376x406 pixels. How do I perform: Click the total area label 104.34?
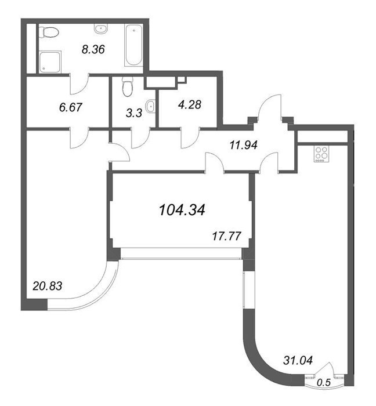pyautogui.click(x=182, y=210)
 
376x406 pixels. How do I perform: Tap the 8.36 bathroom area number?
pyautogui.click(x=93, y=49)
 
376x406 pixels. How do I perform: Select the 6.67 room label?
pyautogui.click(x=71, y=107)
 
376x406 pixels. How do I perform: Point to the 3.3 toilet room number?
pyautogui.click(x=134, y=113)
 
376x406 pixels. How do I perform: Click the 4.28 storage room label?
pyautogui.click(x=190, y=104)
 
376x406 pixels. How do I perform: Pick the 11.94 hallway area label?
pyautogui.click(x=244, y=145)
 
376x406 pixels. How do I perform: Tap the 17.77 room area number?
pyautogui.click(x=227, y=236)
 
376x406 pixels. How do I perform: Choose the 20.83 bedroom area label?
pyautogui.click(x=48, y=286)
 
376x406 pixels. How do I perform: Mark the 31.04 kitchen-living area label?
pyautogui.click(x=298, y=360)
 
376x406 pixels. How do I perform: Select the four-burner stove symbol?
pyautogui.click(x=321, y=154)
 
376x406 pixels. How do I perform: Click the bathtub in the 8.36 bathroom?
pyautogui.click(x=133, y=45)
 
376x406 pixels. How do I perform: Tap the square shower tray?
pyautogui.click(x=50, y=61)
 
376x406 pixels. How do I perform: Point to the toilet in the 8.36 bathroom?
pyautogui.click(x=49, y=32)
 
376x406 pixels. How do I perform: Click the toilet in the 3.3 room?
pyautogui.click(x=127, y=86)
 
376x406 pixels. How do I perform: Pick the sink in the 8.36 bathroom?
pyautogui.click(x=101, y=28)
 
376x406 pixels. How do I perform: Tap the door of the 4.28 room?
pyautogui.click(x=190, y=138)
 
